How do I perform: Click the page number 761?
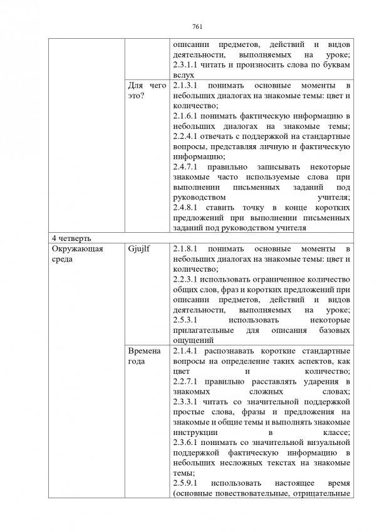pos(197,26)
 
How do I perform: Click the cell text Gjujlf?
pos(138,249)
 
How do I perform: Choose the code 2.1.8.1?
pos(186,249)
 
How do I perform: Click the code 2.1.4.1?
pos(186,351)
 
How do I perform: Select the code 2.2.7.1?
pos(186,381)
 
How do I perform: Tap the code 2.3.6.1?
pos(186,442)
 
